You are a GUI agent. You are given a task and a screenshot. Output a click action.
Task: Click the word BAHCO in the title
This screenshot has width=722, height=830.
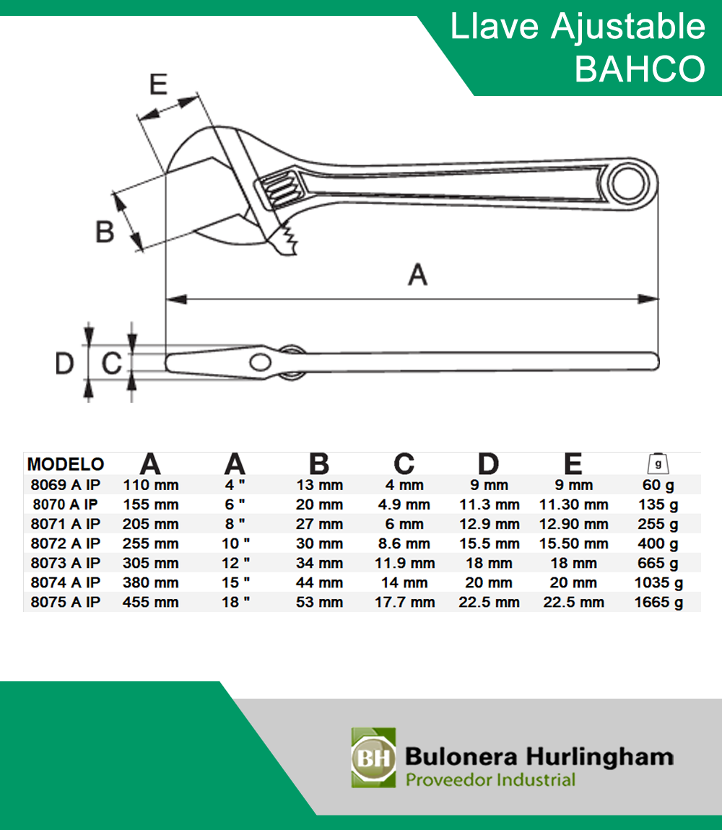(x=640, y=69)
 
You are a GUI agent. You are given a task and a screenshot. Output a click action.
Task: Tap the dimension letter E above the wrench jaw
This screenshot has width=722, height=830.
(x=158, y=84)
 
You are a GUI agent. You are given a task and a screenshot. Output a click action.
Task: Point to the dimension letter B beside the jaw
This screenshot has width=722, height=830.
(x=105, y=232)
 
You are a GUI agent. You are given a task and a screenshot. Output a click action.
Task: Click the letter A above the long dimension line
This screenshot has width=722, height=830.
(x=417, y=275)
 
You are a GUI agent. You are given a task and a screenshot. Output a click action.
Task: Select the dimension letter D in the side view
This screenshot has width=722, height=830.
(x=65, y=364)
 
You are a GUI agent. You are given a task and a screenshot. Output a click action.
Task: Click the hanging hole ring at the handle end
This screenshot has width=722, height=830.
(x=629, y=184)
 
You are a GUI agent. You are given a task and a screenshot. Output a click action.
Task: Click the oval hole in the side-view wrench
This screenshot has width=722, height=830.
(x=261, y=363)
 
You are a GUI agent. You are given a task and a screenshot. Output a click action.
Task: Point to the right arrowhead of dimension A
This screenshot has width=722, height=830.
(x=648, y=299)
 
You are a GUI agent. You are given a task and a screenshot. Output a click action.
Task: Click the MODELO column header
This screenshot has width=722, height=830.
(x=66, y=464)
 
